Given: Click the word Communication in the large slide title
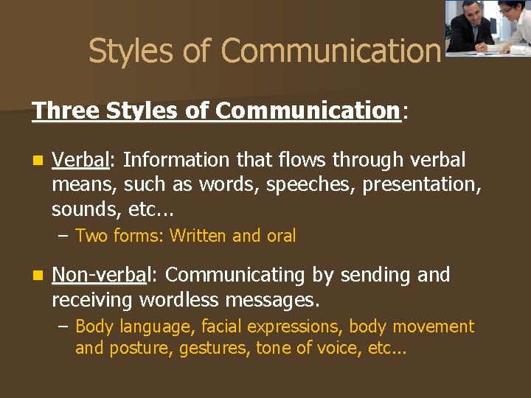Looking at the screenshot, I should click(x=330, y=51).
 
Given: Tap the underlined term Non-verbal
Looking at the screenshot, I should click(x=100, y=275).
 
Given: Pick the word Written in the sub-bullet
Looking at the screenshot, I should click(x=198, y=236).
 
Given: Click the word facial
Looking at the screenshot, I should click(x=221, y=326).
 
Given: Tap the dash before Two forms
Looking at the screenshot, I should click(x=65, y=236).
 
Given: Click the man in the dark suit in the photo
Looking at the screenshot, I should click(x=470, y=28).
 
